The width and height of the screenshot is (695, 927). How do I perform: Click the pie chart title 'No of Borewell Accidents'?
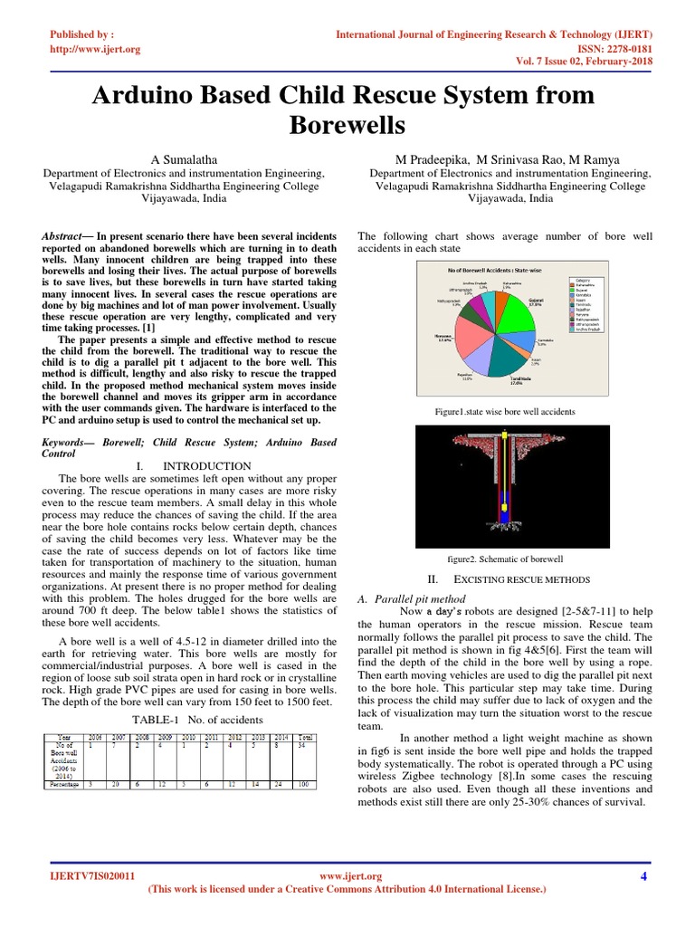(490, 271)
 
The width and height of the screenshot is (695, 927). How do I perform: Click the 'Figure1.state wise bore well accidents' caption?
(505, 412)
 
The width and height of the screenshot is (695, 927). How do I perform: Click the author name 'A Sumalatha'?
(185, 158)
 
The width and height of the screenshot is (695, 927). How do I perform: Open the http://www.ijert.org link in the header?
(95, 49)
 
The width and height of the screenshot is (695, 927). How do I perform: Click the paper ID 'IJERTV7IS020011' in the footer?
(92, 876)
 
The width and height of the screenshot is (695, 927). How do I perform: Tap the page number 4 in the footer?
(643, 876)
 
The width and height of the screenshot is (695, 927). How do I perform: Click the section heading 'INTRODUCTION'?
(210, 466)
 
